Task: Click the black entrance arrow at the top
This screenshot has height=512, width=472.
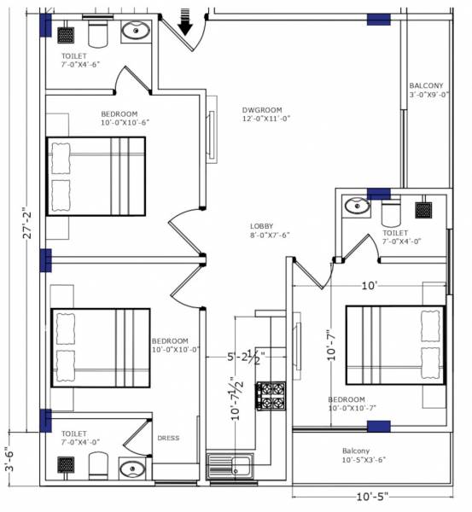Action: click(x=185, y=15)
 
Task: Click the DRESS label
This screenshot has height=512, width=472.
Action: click(x=168, y=439)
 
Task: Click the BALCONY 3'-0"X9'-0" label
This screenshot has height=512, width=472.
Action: click(x=426, y=90)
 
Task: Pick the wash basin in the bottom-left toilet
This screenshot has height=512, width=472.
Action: click(x=131, y=468)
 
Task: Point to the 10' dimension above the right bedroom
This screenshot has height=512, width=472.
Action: click(x=370, y=287)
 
